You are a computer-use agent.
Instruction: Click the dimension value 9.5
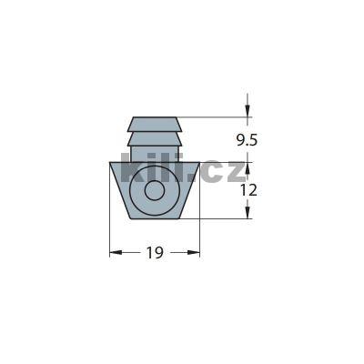[246, 141]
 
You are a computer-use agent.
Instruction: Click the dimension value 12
[248, 190]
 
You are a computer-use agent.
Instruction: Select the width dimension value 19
[154, 253]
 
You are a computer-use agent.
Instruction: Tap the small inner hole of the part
[154, 192]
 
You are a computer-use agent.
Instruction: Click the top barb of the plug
[154, 124]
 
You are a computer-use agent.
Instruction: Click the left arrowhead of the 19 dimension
[115, 253]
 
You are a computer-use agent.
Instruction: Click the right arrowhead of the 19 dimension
[194, 253]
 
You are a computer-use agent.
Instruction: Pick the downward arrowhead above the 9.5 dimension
[247, 112]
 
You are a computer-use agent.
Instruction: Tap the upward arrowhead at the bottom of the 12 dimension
[247, 213]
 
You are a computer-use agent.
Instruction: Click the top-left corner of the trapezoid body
[109, 162]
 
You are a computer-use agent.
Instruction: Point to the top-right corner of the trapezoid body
[199, 162]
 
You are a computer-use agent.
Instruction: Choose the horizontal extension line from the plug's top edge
[218, 117]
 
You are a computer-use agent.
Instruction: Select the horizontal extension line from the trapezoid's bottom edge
[218, 218]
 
